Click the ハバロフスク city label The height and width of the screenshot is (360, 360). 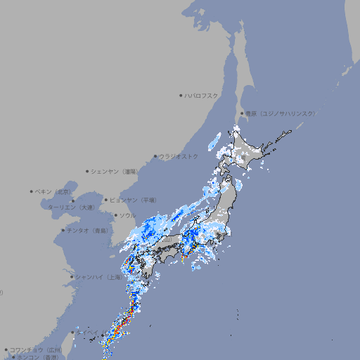[x=202, y=95]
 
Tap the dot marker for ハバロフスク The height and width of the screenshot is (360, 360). [x=181, y=95]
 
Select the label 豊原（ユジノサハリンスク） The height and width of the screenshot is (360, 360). [x=281, y=113]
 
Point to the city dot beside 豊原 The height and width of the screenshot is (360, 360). [x=242, y=113]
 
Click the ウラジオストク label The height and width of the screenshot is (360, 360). [x=179, y=156]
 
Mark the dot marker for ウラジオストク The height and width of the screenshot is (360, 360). [x=155, y=156]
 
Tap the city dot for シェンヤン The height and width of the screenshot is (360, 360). [x=88, y=171]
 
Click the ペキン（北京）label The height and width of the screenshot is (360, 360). [x=54, y=191]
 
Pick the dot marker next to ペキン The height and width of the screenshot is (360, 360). [x=32, y=191]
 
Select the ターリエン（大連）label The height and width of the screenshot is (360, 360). [x=71, y=207]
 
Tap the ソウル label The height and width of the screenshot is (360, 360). [x=127, y=215]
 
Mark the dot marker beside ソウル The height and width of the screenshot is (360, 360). [x=115, y=215]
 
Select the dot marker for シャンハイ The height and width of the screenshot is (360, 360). [x=72, y=277]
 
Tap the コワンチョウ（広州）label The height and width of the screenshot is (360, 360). [x=36, y=349]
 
